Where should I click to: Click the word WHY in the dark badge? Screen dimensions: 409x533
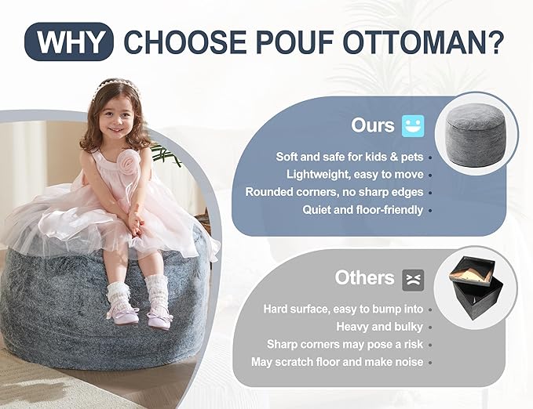click(70, 42)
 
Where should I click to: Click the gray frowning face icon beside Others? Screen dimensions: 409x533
click(412, 278)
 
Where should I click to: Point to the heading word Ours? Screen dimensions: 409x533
click(373, 125)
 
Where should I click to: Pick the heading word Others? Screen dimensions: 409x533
click(364, 278)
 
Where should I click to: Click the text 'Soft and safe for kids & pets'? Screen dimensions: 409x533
click(349, 157)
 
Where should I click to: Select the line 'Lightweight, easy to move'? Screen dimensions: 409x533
click(355, 174)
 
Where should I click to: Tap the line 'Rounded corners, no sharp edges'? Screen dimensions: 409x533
click(334, 192)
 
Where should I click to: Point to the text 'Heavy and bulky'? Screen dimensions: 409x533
click(379, 326)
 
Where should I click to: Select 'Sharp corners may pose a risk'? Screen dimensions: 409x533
click(345, 344)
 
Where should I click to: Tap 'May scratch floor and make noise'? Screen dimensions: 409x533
click(337, 362)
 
